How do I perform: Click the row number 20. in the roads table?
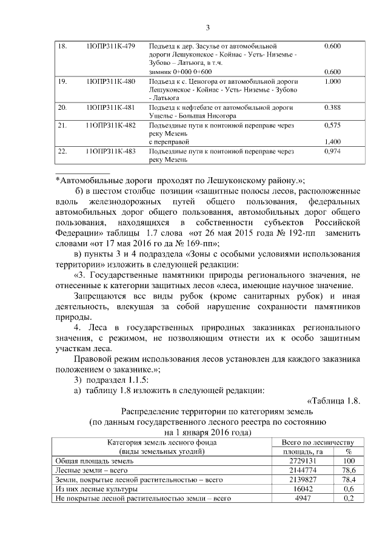click(x=61, y=107)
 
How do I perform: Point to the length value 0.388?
click(x=332, y=107)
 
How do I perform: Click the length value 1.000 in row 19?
click(x=332, y=81)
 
